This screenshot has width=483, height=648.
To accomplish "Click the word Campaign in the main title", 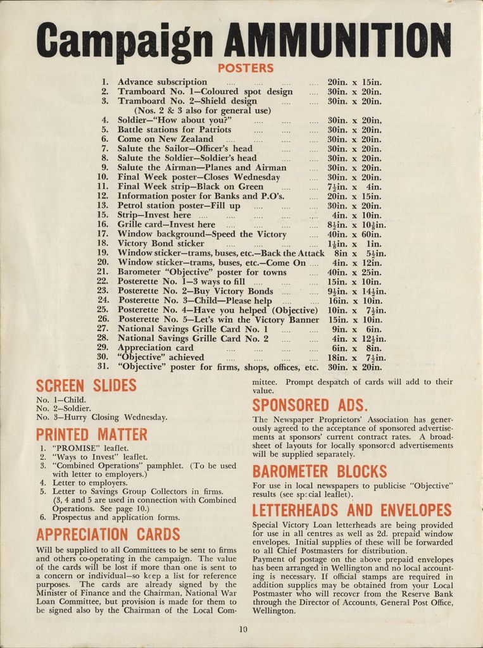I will point(124,40).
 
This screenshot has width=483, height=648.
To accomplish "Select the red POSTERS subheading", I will point(246,68).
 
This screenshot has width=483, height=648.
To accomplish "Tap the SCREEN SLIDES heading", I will point(86,385).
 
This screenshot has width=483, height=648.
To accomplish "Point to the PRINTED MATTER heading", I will point(91,435).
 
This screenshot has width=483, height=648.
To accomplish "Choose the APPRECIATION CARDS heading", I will point(108,534).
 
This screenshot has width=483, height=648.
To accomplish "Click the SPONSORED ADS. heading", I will point(310,405).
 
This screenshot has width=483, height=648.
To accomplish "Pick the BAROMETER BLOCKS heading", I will point(319,471).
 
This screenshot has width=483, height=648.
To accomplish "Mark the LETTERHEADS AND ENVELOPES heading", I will point(352,510).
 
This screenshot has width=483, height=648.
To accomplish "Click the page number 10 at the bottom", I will point(244,629).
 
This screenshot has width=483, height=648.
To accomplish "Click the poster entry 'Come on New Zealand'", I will point(165,139).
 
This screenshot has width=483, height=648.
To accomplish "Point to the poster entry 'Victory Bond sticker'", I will point(161,244).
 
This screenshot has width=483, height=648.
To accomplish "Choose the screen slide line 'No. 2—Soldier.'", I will point(63,409).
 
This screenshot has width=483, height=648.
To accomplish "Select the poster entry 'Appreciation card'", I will point(156,348).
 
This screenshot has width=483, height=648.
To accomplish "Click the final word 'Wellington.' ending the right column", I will point(274,611).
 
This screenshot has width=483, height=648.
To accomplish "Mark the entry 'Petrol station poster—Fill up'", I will point(179,206).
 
